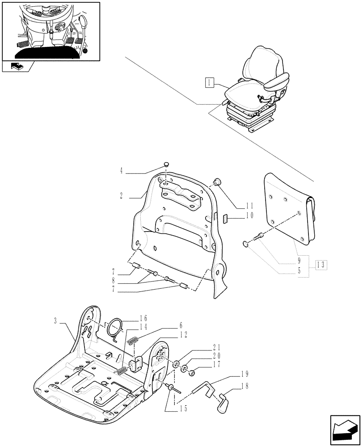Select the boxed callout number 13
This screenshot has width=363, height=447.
click(x=321, y=265)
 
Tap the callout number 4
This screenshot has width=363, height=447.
click(x=121, y=170)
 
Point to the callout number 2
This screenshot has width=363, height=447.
click(x=121, y=196)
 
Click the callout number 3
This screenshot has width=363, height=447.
click(x=55, y=320)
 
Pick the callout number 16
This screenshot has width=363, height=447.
click(x=143, y=318)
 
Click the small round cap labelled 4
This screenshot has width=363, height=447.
click(x=166, y=164)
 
